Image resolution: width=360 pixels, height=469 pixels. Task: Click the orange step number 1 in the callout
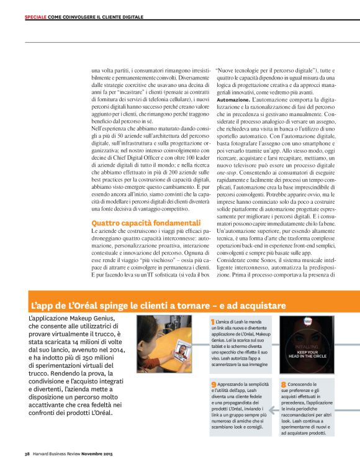[x=213, y=322]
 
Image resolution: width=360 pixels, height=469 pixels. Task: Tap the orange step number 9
[x=214, y=385]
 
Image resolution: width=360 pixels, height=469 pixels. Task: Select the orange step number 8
[x=283, y=385]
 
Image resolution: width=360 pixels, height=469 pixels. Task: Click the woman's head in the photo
[x=154, y=327]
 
